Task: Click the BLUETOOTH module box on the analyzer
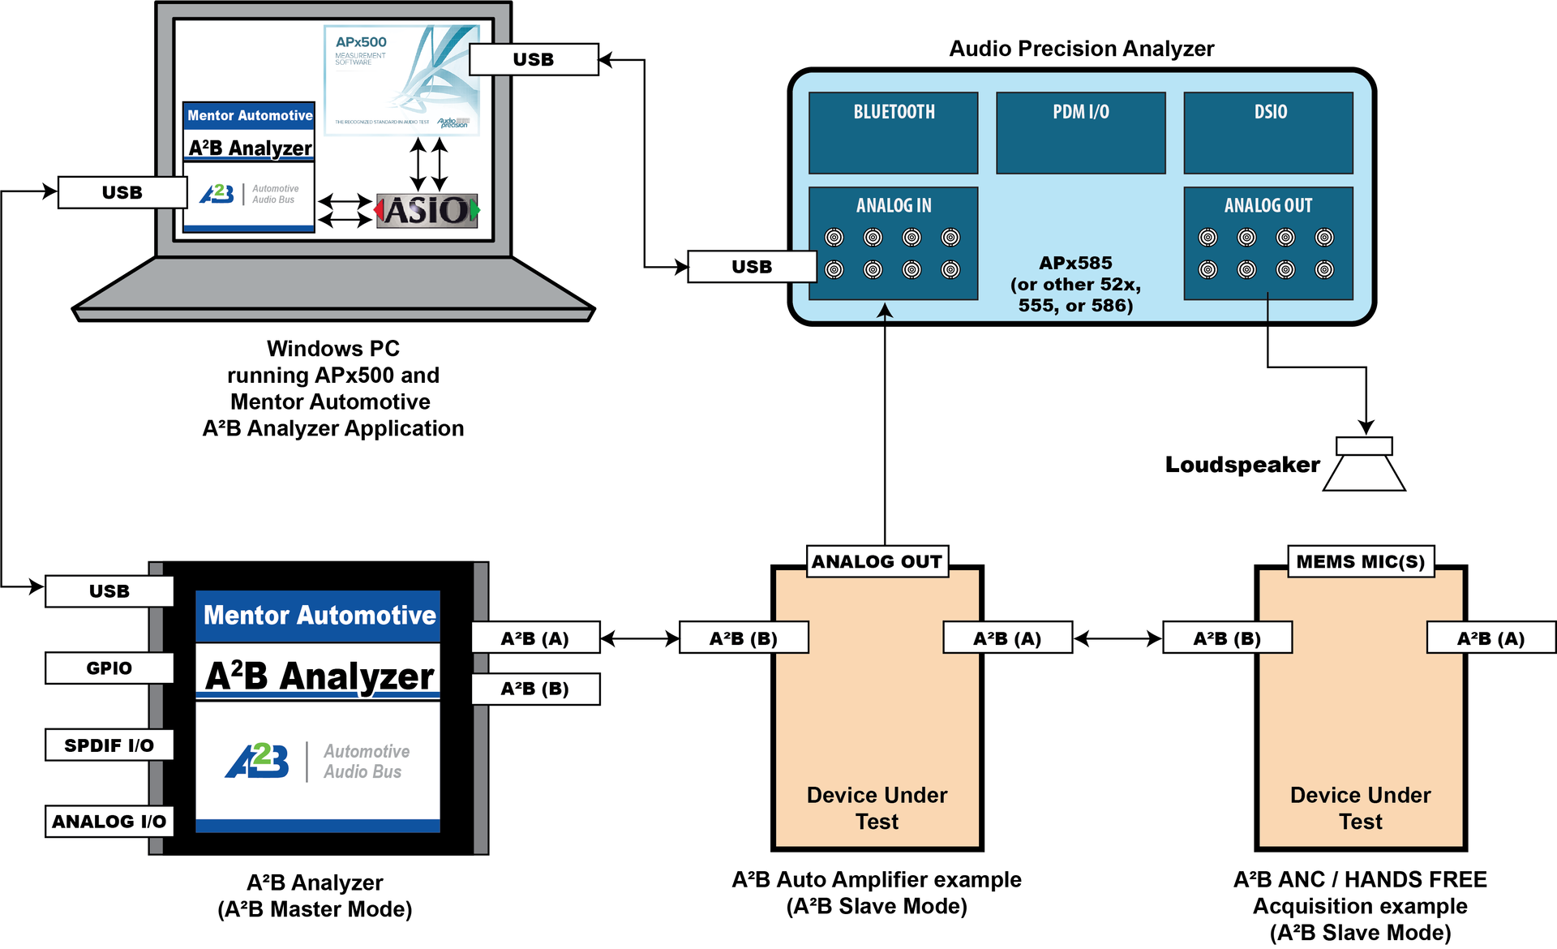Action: (893, 132)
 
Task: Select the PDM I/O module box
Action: (1080, 132)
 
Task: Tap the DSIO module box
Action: (1268, 132)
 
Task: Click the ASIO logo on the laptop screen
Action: (427, 211)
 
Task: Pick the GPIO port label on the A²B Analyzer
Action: (109, 668)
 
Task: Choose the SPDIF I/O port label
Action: (109, 745)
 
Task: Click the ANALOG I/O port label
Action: (109, 821)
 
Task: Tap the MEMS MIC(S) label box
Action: (1361, 561)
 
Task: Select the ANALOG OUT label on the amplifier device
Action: (877, 561)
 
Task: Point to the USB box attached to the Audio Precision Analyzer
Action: (752, 267)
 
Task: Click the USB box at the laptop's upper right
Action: (534, 59)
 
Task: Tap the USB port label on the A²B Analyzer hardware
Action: (109, 590)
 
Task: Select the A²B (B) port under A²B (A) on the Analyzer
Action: (535, 689)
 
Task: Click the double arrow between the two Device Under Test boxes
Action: (1117, 639)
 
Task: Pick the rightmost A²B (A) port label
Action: (1491, 638)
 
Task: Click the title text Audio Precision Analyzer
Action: (1081, 49)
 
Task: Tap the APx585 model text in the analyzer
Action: (1075, 263)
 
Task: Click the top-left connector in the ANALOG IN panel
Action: (834, 237)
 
